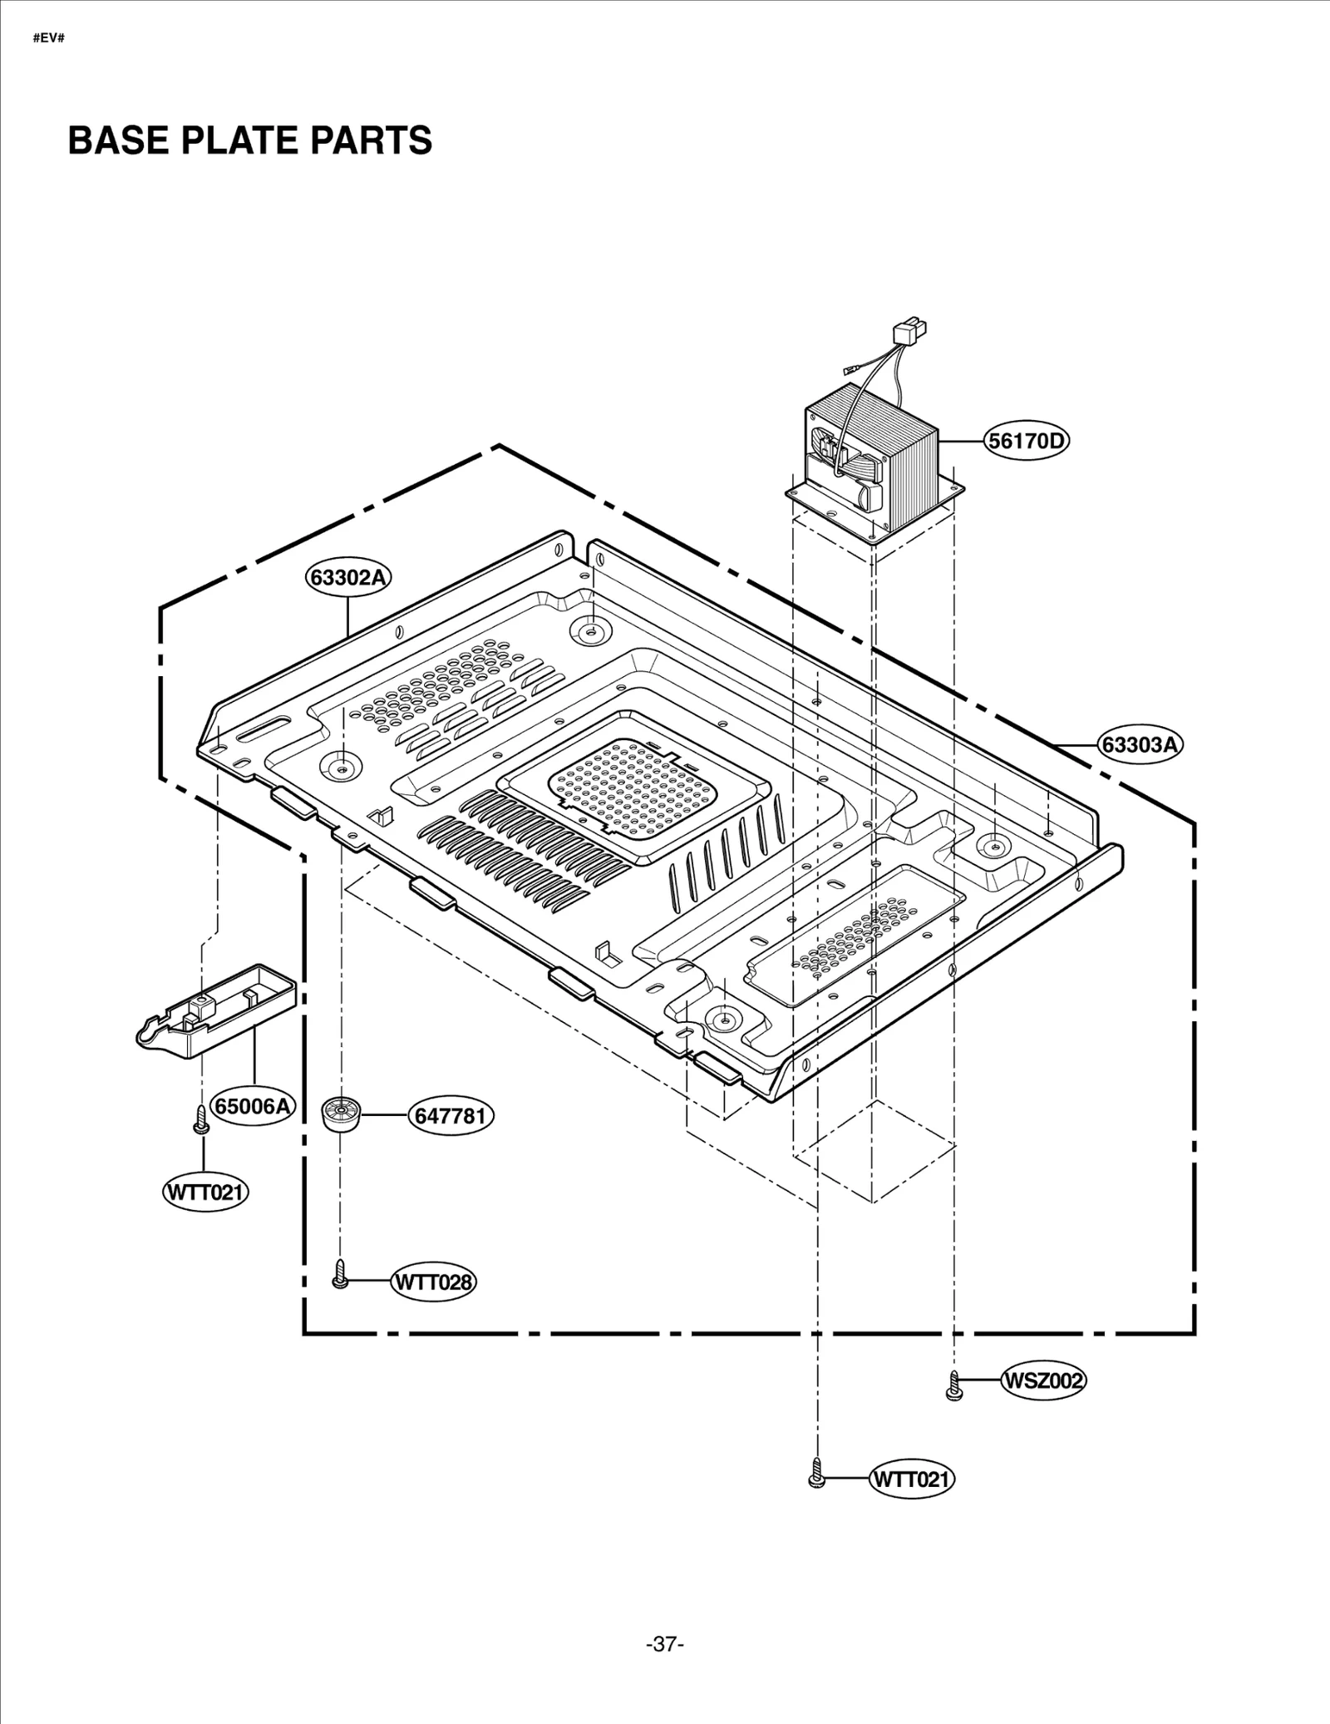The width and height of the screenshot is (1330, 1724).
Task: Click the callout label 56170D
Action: (x=1026, y=441)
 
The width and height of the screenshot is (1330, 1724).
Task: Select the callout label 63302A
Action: (x=348, y=577)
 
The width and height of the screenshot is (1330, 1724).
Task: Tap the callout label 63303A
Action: (x=1140, y=744)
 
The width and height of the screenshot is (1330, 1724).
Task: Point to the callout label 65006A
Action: (x=254, y=1106)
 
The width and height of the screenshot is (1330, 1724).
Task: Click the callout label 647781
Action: (x=450, y=1115)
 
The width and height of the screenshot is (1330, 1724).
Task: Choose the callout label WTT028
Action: (x=433, y=1282)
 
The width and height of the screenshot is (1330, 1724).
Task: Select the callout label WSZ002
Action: (x=1043, y=1381)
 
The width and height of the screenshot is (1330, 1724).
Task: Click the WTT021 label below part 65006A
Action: (x=204, y=1193)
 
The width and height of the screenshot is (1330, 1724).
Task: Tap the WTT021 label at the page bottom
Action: (x=911, y=1479)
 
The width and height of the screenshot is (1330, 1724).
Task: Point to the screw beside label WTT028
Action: (x=339, y=1274)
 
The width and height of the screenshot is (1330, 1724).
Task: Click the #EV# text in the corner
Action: (x=48, y=39)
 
